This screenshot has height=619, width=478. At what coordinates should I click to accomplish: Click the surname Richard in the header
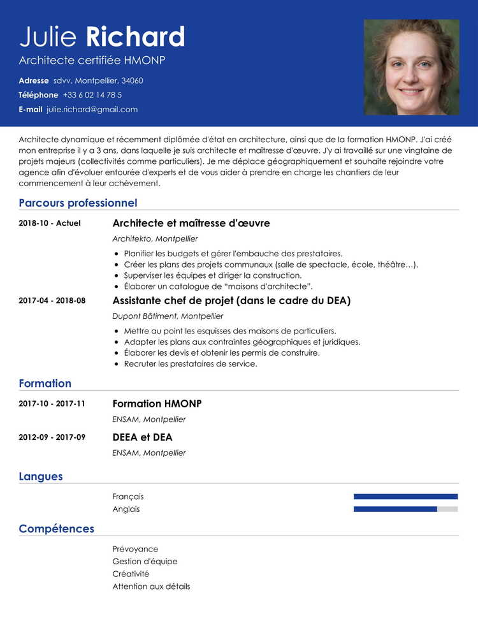tap(135, 37)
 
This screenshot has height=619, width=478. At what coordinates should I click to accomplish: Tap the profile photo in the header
tap(411, 67)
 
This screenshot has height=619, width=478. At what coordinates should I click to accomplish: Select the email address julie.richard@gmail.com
tap(92, 110)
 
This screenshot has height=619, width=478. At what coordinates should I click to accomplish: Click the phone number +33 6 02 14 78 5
tap(92, 95)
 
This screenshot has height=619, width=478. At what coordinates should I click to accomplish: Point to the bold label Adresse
tap(34, 81)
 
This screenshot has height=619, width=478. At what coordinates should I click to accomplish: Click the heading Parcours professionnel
tap(78, 203)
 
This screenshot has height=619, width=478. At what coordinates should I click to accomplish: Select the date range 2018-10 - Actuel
tap(50, 224)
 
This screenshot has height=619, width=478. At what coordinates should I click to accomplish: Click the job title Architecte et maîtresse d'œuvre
tap(191, 223)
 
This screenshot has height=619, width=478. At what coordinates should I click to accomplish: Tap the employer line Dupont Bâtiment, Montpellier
tap(168, 316)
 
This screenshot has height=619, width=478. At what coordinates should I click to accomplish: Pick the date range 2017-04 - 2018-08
tap(52, 301)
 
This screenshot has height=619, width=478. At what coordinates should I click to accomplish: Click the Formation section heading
tap(45, 384)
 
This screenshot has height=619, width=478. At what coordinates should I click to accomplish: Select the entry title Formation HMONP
tap(157, 404)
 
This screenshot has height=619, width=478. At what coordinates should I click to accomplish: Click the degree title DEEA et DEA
tap(142, 437)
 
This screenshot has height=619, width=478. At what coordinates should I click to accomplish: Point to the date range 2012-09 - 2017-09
tap(52, 437)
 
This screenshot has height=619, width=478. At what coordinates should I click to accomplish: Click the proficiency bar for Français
tap(405, 497)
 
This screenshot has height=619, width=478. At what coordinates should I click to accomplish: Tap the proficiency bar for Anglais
tap(405, 509)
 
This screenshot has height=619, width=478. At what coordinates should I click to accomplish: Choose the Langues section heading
tap(41, 477)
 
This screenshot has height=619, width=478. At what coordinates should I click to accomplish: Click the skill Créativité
tap(131, 574)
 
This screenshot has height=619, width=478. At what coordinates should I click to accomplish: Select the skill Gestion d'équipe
tap(145, 562)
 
